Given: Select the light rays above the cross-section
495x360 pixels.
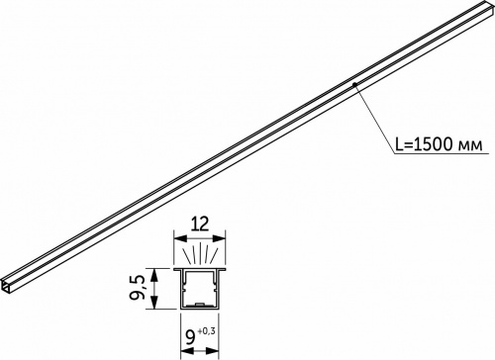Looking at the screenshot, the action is pos(200,254).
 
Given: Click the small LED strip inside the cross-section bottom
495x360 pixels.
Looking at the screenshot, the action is pos(200,301).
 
